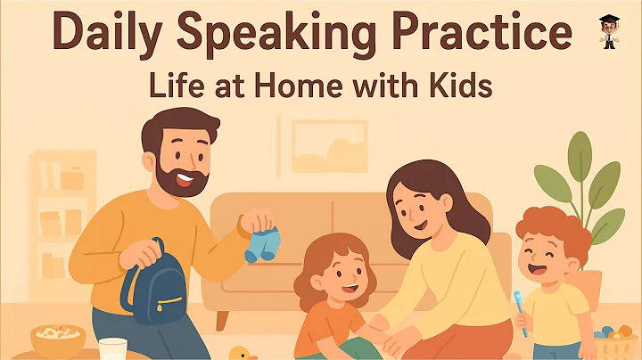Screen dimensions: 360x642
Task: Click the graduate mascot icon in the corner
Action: [x=610, y=30]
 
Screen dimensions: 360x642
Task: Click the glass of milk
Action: [x=112, y=349]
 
